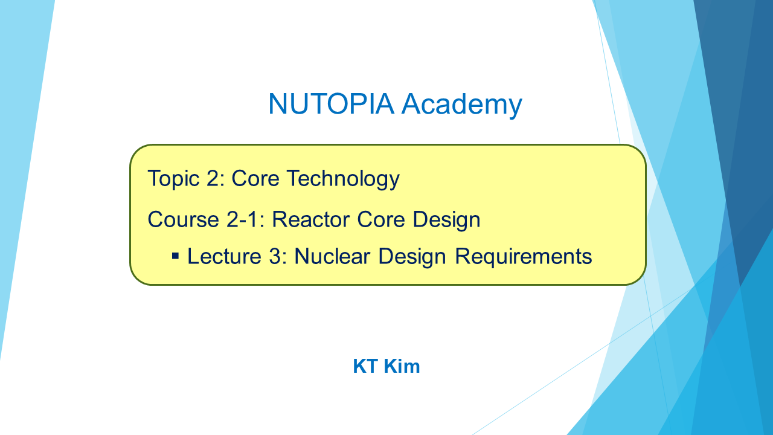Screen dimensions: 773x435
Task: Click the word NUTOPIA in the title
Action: (x=332, y=103)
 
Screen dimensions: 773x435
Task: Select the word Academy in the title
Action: (x=462, y=105)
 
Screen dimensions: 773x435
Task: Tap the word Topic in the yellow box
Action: (x=173, y=179)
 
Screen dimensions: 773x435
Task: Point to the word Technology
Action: (x=344, y=179)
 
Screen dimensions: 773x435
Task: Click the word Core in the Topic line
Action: (x=255, y=178)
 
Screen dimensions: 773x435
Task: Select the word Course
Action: (x=183, y=219)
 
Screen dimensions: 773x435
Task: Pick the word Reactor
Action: (x=310, y=219)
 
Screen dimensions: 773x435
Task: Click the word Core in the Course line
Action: (x=380, y=219)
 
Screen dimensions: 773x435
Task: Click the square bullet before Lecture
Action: (x=175, y=256)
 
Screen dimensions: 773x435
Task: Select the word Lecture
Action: (x=224, y=256)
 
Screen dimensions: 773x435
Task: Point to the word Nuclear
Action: (x=332, y=256)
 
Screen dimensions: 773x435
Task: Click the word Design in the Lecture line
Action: (x=412, y=257)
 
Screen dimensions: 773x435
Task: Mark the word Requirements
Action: (x=523, y=257)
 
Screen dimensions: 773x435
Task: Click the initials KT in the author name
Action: (x=365, y=366)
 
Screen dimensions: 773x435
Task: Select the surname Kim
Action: (x=402, y=366)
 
